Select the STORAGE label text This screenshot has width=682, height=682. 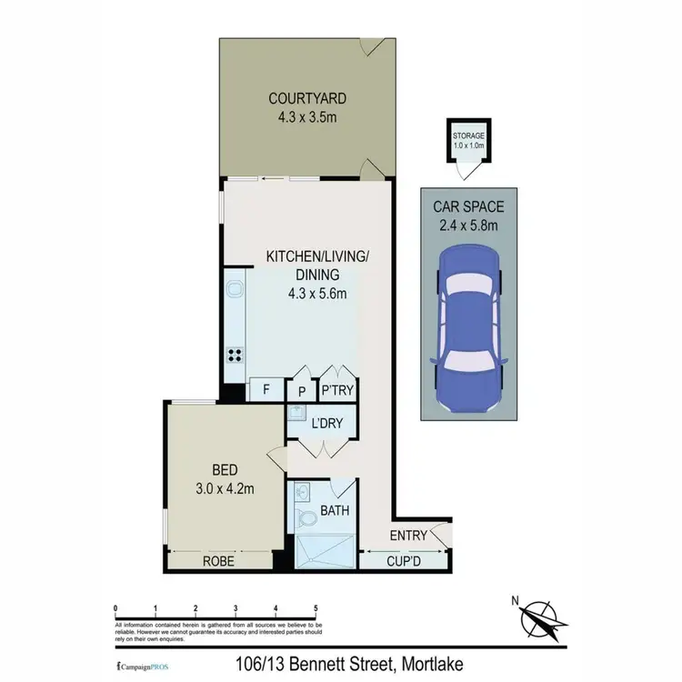tap(468, 135)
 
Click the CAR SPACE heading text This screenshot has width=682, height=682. tap(467, 206)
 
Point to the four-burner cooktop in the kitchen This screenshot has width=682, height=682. tap(235, 356)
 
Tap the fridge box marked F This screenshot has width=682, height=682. tap(266, 390)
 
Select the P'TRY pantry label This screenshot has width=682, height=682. tap(337, 391)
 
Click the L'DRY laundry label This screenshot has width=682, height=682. tap(325, 425)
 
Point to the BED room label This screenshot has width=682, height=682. tap(225, 470)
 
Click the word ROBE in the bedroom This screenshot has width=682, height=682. tap(219, 562)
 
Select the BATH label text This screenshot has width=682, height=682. tap(335, 511)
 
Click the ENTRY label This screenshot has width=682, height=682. tap(407, 536)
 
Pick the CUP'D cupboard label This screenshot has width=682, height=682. tap(404, 561)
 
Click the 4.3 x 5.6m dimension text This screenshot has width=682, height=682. tap(316, 293)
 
